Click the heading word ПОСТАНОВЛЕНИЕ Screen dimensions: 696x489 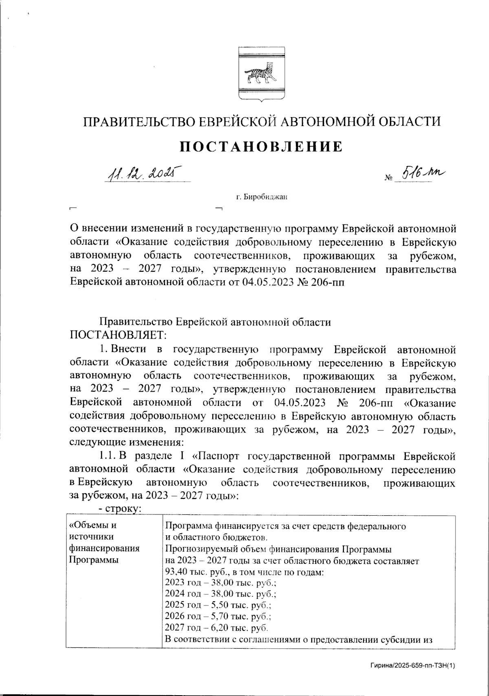click(x=261, y=146)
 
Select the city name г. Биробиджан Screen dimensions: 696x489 click(x=262, y=197)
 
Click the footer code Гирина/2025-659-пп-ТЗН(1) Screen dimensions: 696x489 click(x=412, y=665)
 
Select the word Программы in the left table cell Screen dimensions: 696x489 click(x=94, y=560)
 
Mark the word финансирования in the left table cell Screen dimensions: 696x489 click(x=105, y=549)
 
